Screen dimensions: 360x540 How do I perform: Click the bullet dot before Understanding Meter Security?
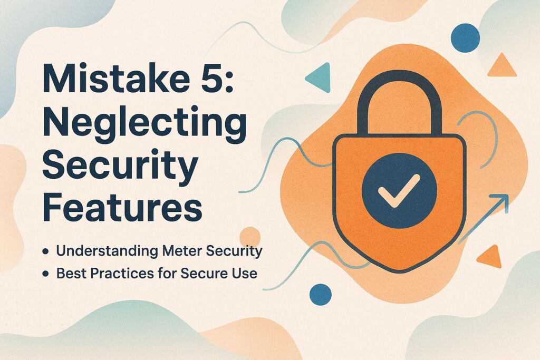click(46, 252)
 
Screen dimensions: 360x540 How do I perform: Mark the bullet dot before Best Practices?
click(46, 274)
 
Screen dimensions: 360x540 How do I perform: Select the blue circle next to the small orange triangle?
click(466, 37)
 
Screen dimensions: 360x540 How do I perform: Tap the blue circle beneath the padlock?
click(321, 294)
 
